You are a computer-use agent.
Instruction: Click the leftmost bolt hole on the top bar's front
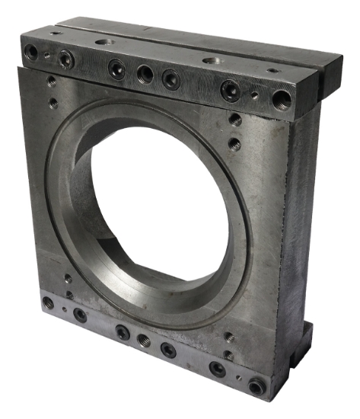[x=31, y=52]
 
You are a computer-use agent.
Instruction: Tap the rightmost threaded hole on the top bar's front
[x=282, y=98]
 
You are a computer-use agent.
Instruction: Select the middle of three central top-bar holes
[x=145, y=73]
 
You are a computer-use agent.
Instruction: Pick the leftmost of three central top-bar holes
[x=116, y=69]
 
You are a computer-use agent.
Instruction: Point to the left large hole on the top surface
[x=104, y=42]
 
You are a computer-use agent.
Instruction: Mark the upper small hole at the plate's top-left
[x=51, y=82]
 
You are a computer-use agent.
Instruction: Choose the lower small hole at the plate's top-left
[x=53, y=101]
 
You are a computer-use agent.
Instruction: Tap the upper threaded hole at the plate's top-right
[x=236, y=120]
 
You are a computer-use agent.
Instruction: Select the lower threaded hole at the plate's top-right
[x=234, y=142]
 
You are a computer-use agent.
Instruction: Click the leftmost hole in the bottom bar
[x=49, y=302]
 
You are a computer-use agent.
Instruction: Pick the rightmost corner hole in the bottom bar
[x=256, y=386]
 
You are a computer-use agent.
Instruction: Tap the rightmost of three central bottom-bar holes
[x=168, y=350]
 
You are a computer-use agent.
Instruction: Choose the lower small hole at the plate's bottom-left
[x=69, y=294]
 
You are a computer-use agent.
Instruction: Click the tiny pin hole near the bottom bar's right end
[x=239, y=376]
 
